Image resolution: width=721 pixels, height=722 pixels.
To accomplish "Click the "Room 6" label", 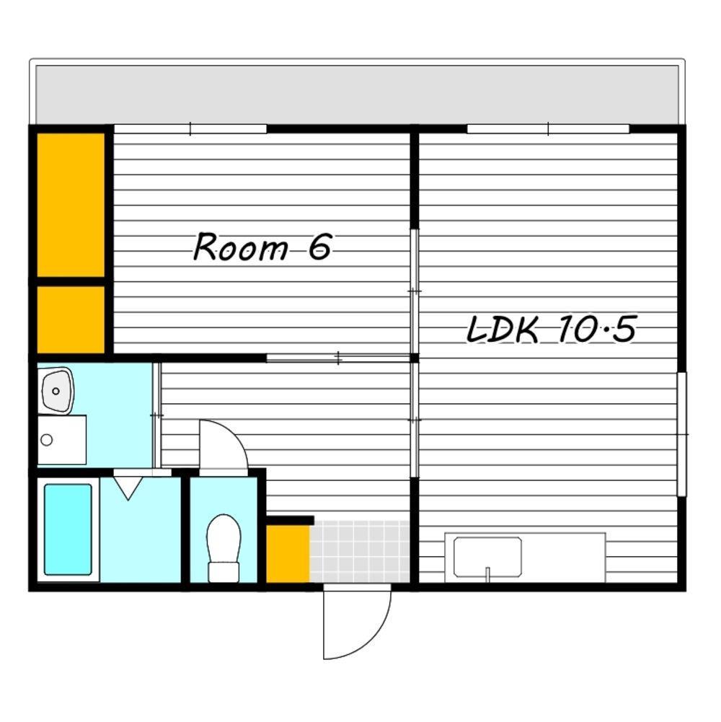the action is pyautogui.click(x=262, y=247).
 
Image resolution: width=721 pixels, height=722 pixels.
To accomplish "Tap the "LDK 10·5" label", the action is pyautogui.click(x=552, y=329).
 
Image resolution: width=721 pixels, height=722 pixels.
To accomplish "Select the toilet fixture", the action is pyautogui.click(x=224, y=548).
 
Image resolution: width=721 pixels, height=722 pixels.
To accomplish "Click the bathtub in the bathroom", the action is pyautogui.click(x=68, y=529).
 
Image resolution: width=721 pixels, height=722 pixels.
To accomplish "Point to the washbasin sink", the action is pyautogui.click(x=57, y=392).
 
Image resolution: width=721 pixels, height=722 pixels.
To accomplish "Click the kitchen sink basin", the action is pyautogui.click(x=487, y=557).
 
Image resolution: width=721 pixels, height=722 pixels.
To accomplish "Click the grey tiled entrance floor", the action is pyautogui.click(x=360, y=552).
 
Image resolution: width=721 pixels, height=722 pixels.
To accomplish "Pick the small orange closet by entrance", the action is pyautogui.click(x=288, y=554).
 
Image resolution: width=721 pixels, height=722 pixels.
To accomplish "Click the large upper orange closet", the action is pyautogui.click(x=71, y=205).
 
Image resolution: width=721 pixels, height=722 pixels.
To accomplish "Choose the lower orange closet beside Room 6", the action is pyautogui.click(x=71, y=320).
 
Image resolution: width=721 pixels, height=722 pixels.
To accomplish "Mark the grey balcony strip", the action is pyautogui.click(x=358, y=95).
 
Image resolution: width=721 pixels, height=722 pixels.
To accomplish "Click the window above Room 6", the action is pyautogui.click(x=190, y=129).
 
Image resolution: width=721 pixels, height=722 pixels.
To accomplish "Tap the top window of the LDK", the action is pyautogui.click(x=548, y=129).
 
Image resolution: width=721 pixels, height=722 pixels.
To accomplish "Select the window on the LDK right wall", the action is pyautogui.click(x=682, y=434).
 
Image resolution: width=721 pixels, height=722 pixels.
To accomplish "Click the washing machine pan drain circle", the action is pyautogui.click(x=46, y=440).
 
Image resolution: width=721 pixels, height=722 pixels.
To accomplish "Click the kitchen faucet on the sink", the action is pyautogui.click(x=487, y=573).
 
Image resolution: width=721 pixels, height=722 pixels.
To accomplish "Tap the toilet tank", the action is pyautogui.click(x=224, y=573).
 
